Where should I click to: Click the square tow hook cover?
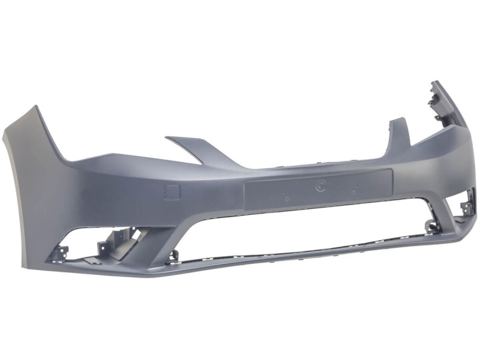pyautogui.click(x=172, y=193)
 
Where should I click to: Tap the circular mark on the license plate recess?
pyautogui.click(x=320, y=186)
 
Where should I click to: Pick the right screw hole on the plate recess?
pyautogui.click(x=355, y=192)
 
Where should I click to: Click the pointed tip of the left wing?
pyautogui.click(x=34, y=107)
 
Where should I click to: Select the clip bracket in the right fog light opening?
pyautogui.click(x=466, y=207)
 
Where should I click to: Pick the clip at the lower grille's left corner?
pyautogui.click(x=173, y=255)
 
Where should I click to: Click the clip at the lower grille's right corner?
pyautogui.click(x=430, y=226)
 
